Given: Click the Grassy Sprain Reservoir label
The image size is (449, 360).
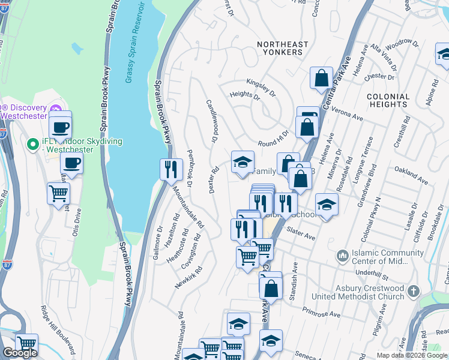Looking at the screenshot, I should [136, 43].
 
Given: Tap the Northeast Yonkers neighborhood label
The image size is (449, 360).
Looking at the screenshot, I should [279, 48].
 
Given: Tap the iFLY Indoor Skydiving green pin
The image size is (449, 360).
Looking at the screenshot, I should [34, 144].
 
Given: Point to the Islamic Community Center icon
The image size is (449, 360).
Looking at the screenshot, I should [343, 256].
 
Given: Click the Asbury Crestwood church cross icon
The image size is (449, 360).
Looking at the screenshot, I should [412, 292].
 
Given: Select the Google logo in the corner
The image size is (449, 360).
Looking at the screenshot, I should [20, 353].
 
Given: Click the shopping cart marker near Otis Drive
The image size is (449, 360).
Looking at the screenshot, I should [58, 194].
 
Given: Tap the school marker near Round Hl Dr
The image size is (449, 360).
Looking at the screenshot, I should [243, 163].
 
